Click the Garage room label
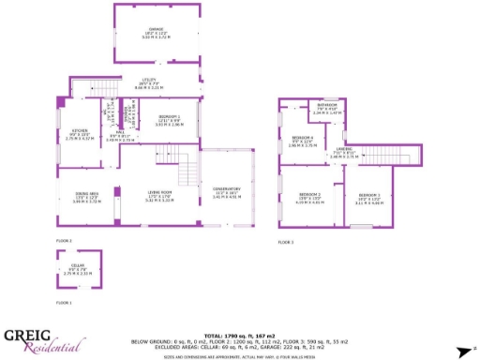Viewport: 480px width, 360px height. click(x=156, y=30)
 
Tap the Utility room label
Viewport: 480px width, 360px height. click(x=148, y=82)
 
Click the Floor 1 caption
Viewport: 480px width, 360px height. click(x=64, y=303)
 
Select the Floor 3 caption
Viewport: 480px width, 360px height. click(x=285, y=243)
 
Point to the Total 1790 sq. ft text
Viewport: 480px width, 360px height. click(x=239, y=335)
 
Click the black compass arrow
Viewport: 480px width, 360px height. click(x=461, y=352)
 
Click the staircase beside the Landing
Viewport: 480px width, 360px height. click(x=378, y=153)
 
